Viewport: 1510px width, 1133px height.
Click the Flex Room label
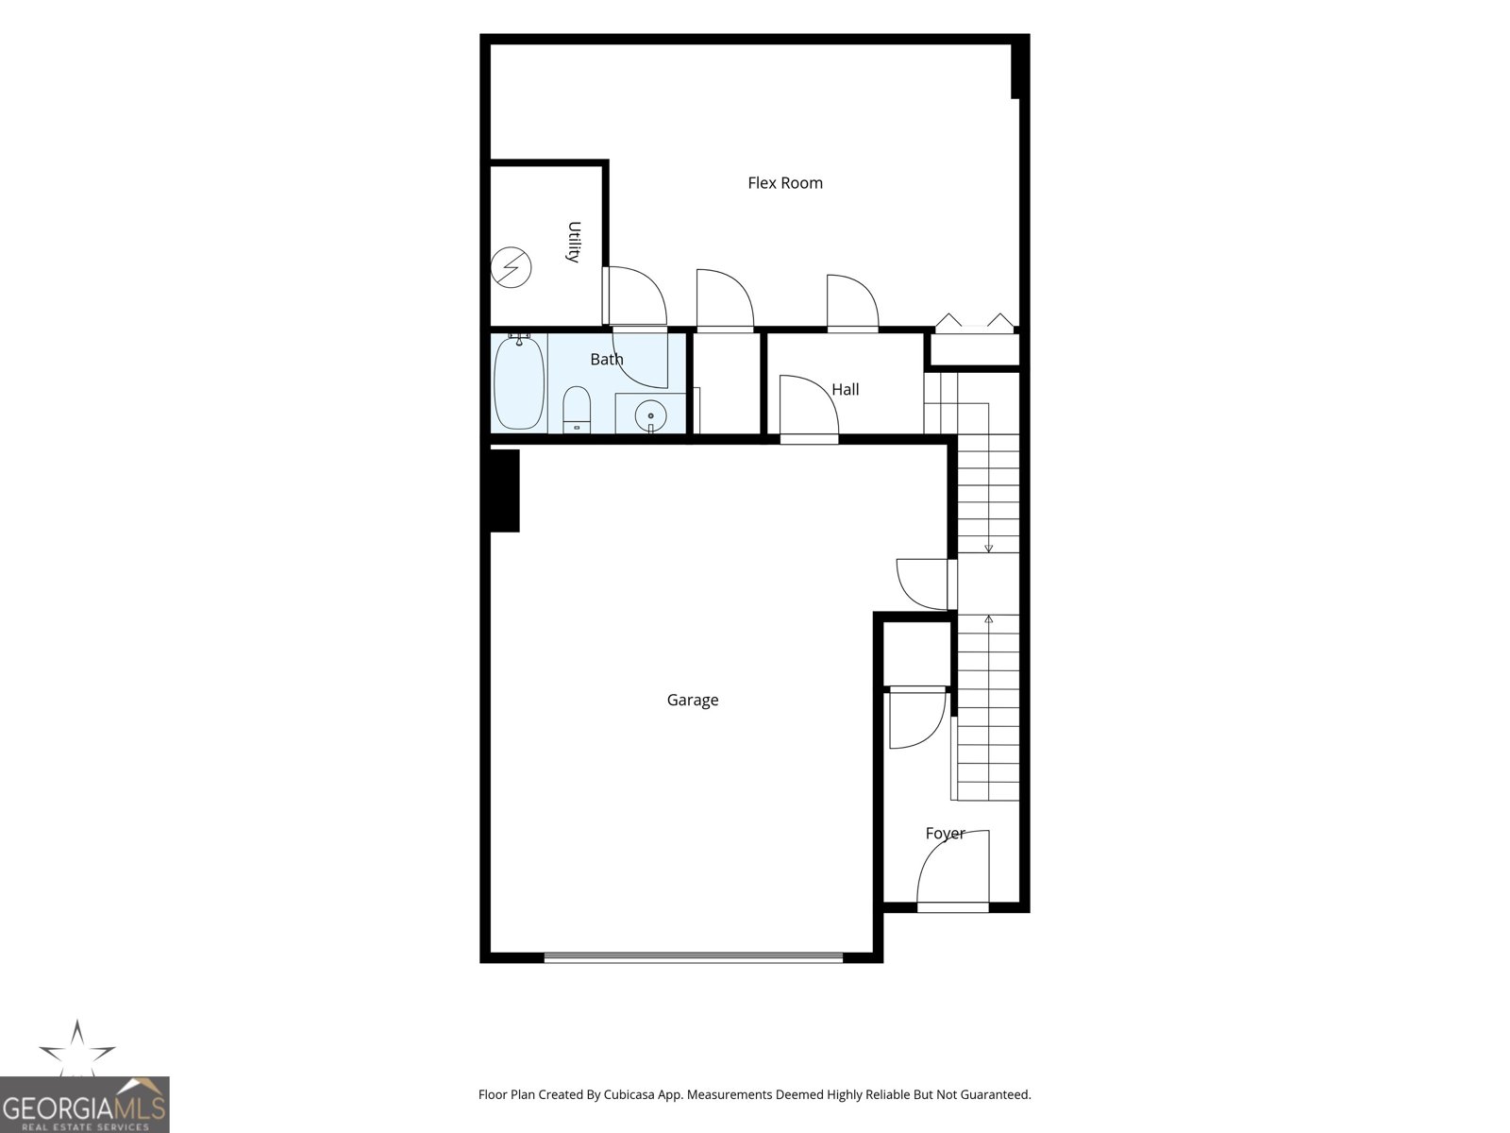click(x=785, y=183)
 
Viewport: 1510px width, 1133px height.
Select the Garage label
click(x=693, y=700)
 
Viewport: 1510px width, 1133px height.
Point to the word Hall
click(x=846, y=389)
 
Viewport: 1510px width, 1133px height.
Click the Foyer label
click(x=946, y=833)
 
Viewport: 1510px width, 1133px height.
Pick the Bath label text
click(x=607, y=359)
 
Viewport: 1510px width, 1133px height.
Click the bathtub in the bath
click(x=519, y=382)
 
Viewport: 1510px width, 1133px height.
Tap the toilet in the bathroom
click(x=577, y=410)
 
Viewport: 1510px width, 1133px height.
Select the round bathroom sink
click(x=650, y=415)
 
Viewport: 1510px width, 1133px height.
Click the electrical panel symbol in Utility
click(x=512, y=267)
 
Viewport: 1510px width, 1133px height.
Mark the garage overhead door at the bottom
click(x=694, y=956)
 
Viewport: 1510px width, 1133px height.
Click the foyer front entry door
click(x=953, y=871)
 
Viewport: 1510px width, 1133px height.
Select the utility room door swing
click(x=635, y=296)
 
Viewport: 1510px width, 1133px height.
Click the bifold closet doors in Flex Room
click(x=974, y=323)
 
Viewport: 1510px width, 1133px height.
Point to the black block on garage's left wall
click(x=504, y=490)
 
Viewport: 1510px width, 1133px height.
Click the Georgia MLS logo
click(x=84, y=1104)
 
